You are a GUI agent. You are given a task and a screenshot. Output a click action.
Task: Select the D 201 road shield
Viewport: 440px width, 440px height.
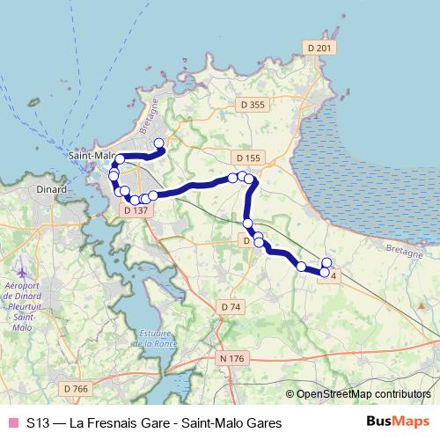click(319, 48)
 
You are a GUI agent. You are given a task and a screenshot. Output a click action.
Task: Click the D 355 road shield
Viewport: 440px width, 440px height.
click(252, 105)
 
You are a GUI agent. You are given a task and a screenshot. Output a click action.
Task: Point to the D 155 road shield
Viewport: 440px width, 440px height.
click(249, 158)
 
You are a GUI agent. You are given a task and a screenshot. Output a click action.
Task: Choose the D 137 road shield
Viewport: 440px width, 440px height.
click(136, 210)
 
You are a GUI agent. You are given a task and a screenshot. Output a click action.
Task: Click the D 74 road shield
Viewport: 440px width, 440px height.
click(231, 306)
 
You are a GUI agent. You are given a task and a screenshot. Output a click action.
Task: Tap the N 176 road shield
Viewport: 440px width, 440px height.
click(231, 358)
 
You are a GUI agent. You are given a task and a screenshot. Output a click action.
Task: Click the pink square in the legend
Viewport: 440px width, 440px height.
click(12, 422)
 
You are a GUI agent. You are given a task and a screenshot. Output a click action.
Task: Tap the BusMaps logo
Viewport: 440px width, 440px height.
click(399, 422)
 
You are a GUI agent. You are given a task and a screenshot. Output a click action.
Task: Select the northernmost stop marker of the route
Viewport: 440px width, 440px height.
click(159, 143)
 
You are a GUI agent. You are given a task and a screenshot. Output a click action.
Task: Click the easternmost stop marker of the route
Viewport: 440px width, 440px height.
click(327, 262)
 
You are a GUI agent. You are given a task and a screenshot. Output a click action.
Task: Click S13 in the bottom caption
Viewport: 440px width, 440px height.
click(38, 422)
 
